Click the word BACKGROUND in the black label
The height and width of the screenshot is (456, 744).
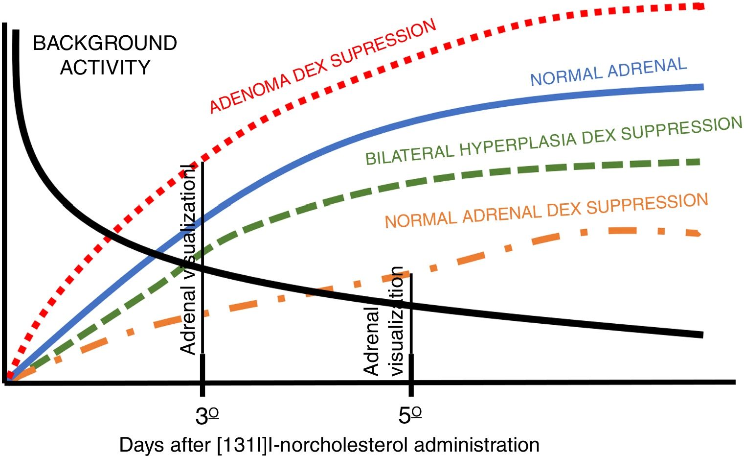(105, 44)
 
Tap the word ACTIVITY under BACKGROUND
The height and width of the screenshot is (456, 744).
(105, 67)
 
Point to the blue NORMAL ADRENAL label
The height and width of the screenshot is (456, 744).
(609, 72)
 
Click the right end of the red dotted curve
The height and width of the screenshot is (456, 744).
(700, 6)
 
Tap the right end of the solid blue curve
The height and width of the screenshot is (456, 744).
(701, 87)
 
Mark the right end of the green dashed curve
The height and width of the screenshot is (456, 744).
(699, 162)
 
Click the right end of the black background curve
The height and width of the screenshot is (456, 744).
(701, 335)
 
